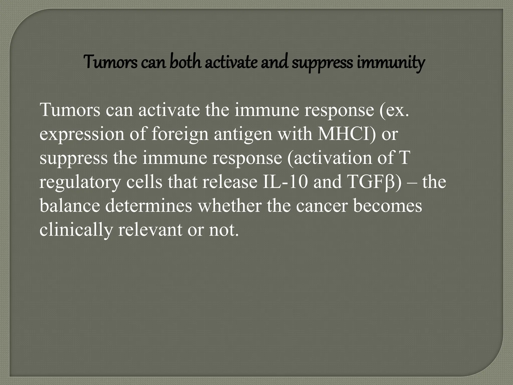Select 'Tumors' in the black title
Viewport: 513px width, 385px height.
[110, 62]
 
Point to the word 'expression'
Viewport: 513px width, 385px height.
[82, 134]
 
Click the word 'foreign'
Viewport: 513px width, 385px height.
[180, 134]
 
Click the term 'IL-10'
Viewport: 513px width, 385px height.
[285, 182]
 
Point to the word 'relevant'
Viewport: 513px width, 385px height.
[150, 230]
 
